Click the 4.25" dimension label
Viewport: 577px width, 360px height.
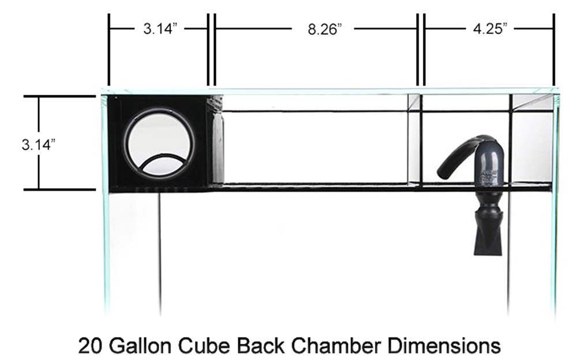tap(490, 28)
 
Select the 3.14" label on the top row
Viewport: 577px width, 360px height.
tap(160, 28)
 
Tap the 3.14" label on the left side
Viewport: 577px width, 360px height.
tap(38, 144)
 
